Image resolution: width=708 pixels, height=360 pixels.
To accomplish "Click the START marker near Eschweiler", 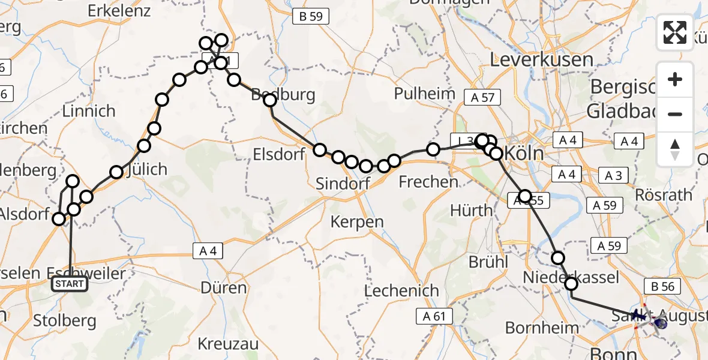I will (70, 284).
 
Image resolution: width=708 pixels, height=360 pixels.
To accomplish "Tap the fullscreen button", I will (675, 32).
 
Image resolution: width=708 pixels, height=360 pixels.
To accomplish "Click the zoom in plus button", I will (675, 80).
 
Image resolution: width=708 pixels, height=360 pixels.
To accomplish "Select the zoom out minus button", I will (675, 114).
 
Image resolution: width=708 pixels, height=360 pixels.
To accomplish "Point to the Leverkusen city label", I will (542, 59).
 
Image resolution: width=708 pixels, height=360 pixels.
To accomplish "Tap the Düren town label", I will (224, 288).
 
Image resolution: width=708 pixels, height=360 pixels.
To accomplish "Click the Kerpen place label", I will (357, 222).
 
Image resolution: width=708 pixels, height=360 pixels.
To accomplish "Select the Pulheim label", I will (425, 94).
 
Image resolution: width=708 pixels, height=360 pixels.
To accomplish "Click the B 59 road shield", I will (311, 17).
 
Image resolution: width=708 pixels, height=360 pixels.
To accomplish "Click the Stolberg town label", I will (65, 320).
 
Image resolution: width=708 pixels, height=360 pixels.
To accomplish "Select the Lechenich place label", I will (402, 291).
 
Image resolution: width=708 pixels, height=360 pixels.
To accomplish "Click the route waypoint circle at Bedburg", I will (269, 100).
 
